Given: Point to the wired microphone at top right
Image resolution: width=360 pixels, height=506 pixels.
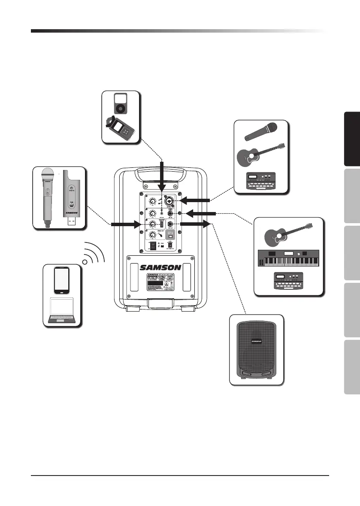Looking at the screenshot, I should click(260, 132).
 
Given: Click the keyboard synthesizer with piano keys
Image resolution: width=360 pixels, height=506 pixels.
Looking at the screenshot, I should click(288, 258).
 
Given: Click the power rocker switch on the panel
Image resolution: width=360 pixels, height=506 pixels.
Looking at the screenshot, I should click(151, 246).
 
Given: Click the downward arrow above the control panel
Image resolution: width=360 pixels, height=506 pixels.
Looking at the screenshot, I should click(162, 176).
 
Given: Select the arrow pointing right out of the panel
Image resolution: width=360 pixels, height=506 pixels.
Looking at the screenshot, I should click(196, 224).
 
